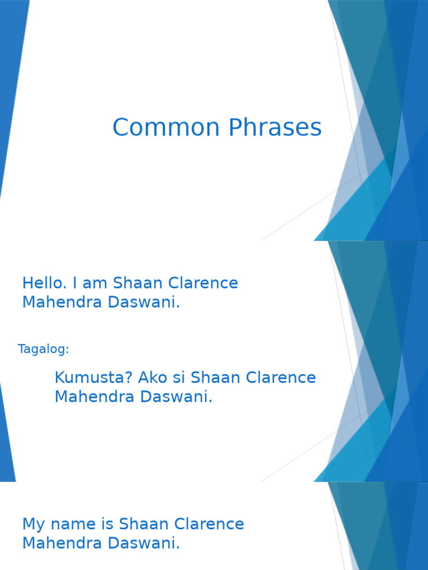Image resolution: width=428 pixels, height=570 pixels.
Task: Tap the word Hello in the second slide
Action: pos(42,283)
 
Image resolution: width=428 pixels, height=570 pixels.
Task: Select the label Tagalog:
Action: pos(43,350)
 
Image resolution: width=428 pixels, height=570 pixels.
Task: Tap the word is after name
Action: pos(105,524)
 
